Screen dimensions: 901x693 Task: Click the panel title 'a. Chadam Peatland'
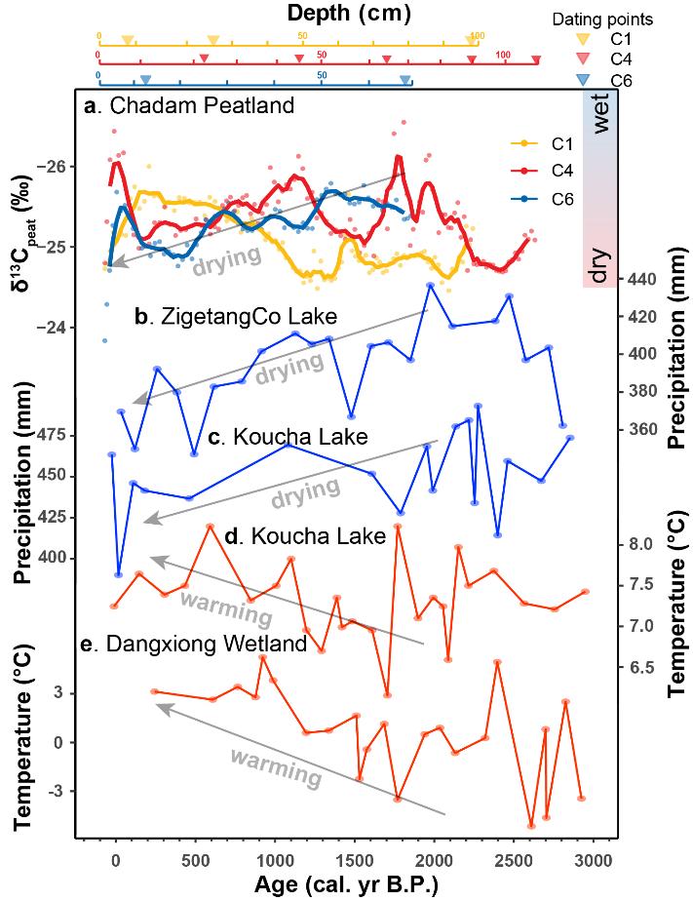click(x=188, y=105)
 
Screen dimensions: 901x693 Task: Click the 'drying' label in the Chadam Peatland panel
click(x=227, y=257)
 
